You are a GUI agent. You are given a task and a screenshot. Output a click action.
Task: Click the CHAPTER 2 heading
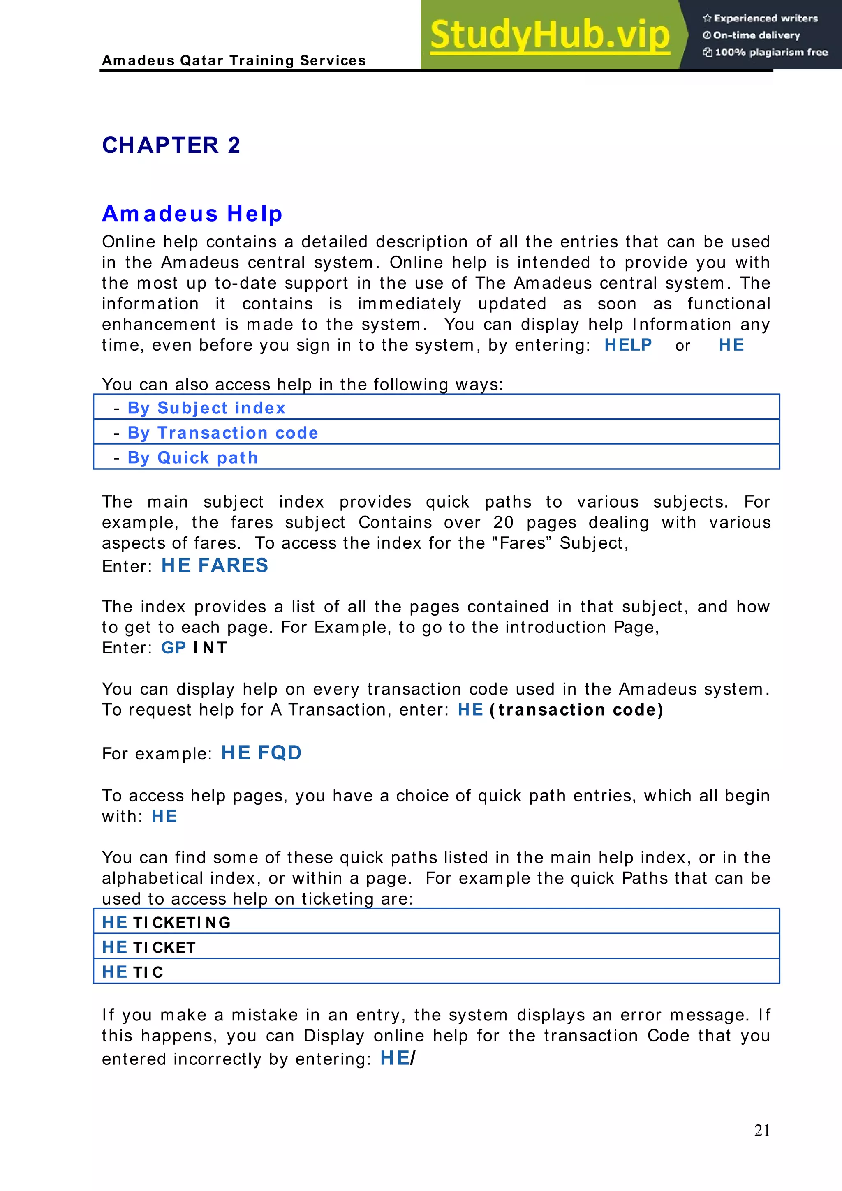pyautogui.click(x=171, y=145)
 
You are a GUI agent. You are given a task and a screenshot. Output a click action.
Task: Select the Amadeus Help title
pyautogui.click(x=192, y=214)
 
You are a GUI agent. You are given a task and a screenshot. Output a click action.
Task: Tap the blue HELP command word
pyautogui.click(x=628, y=345)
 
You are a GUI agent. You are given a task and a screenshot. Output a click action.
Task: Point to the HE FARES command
pyautogui.click(x=215, y=565)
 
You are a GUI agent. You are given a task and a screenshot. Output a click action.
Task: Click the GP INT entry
pyautogui.click(x=194, y=648)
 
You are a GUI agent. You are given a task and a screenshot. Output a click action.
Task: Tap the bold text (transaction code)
pyautogui.click(x=576, y=710)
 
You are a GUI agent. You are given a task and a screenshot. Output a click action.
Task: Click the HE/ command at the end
pyautogui.click(x=398, y=1058)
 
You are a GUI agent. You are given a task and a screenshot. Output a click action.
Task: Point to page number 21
pyautogui.click(x=761, y=1130)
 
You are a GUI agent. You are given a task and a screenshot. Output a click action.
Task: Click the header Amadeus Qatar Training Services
pyautogui.click(x=234, y=61)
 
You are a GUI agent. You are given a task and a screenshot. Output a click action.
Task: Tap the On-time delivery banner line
pyautogui.click(x=752, y=35)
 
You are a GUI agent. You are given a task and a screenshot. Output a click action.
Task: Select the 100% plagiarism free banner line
pyautogui.click(x=766, y=52)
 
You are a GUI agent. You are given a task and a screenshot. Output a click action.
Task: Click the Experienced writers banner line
pyautogui.click(x=761, y=18)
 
